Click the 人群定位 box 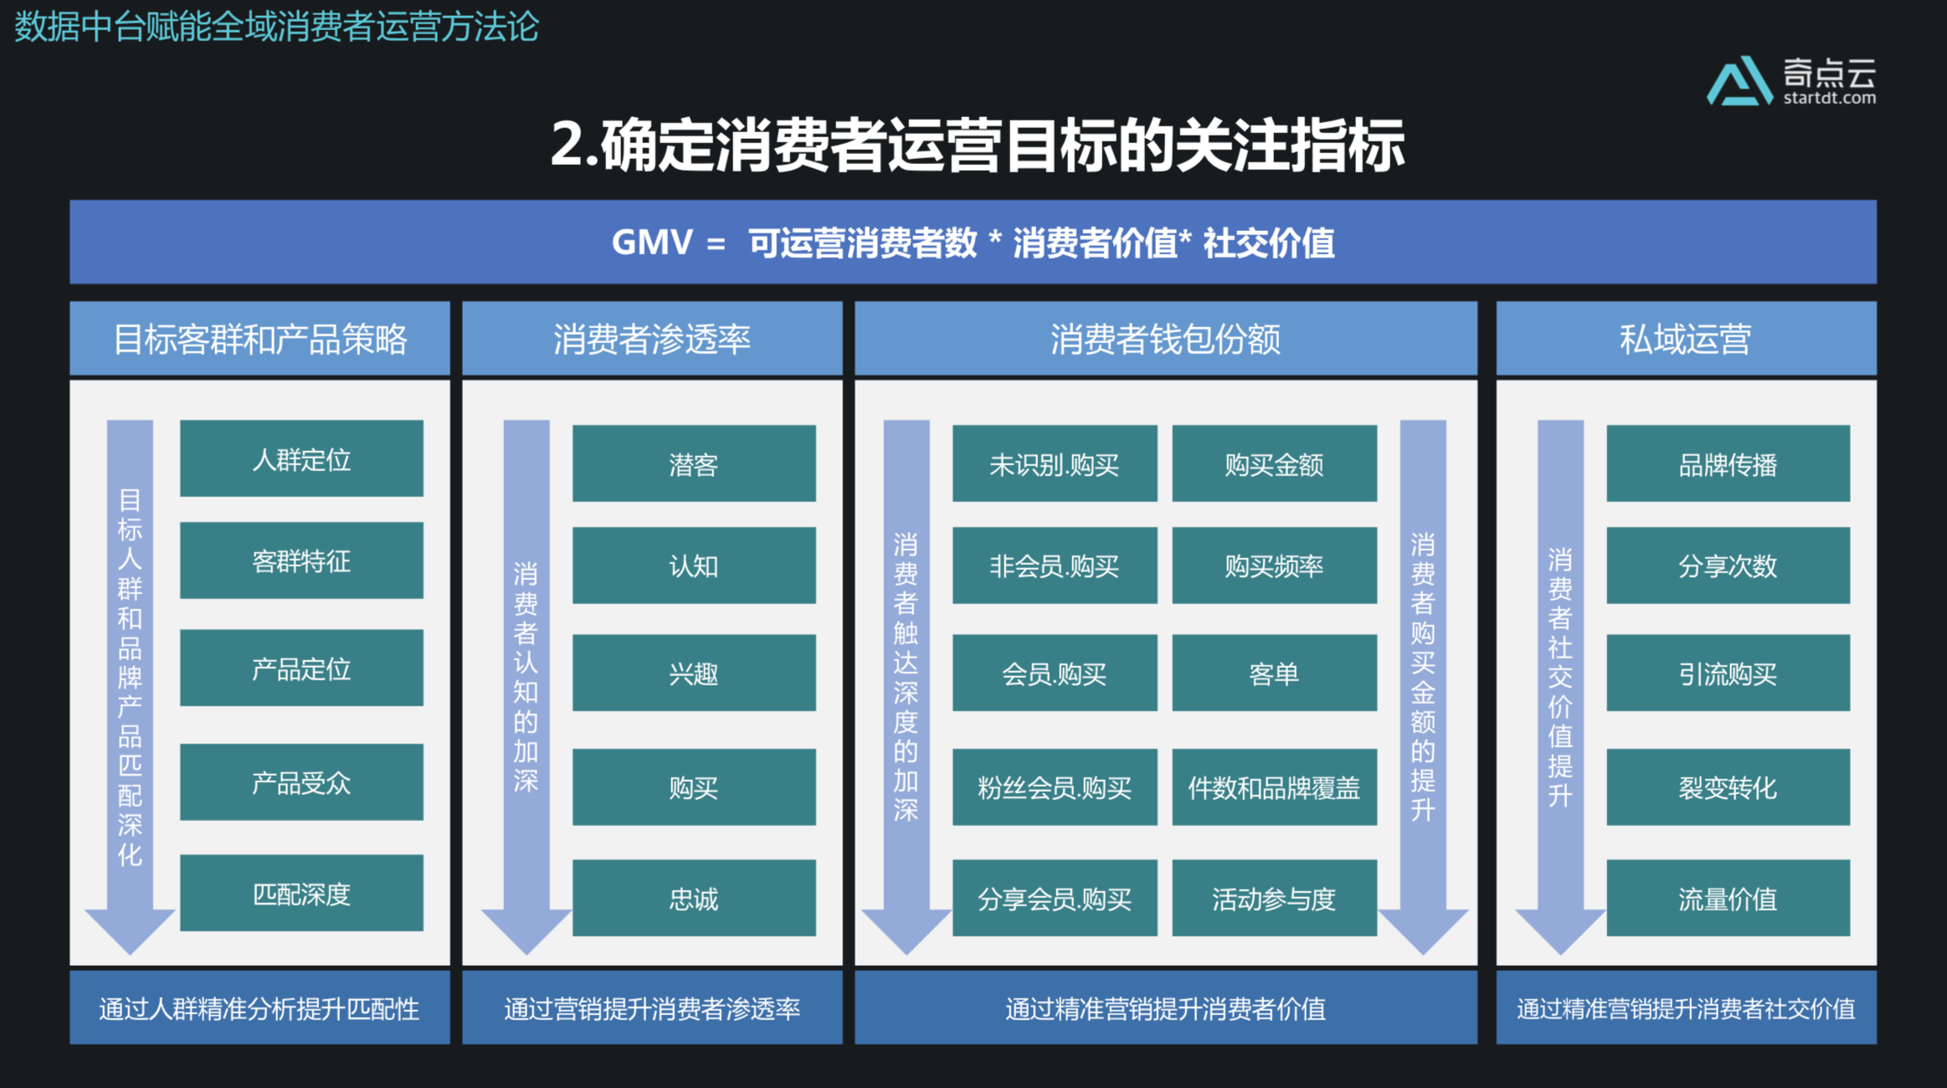coord(301,459)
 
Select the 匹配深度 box coord(301,894)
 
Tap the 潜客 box coord(694,464)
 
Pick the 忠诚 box coord(694,898)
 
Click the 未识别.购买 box coord(1055,464)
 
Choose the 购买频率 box coord(1274,566)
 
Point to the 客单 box coord(1274,673)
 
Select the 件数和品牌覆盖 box coord(1274,787)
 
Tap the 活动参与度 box coord(1274,898)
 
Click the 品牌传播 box coord(1728,464)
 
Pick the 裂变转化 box coord(1728,787)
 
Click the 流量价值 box coord(1728,898)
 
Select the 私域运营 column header coord(1686,339)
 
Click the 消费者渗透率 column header coord(652,339)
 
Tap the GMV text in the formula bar coord(652,243)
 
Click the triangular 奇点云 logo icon coord(1739,82)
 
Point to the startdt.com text coord(1829,98)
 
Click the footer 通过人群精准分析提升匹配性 coord(259,1008)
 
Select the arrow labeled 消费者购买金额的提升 coord(1423,678)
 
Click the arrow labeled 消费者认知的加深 coord(526,678)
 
